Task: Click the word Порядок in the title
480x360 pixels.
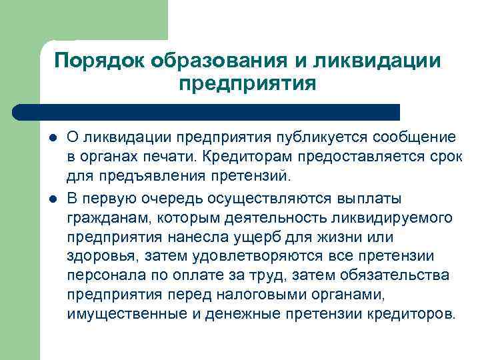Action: coord(101,61)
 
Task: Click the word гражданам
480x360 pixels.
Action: coord(104,219)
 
